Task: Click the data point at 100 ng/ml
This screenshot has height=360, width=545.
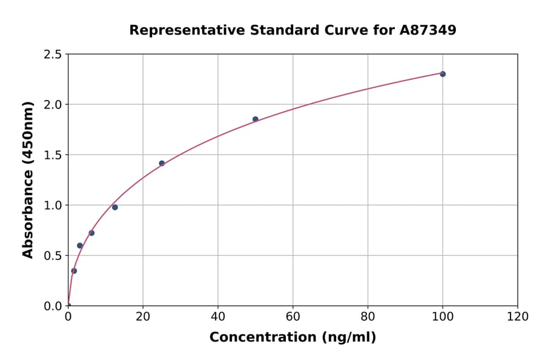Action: click(x=443, y=74)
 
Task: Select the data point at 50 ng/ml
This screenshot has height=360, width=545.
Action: click(x=256, y=119)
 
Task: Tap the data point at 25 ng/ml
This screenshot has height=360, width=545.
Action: click(x=162, y=163)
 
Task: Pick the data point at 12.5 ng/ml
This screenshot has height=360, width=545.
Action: click(x=115, y=207)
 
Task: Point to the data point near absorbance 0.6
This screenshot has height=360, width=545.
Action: click(x=80, y=245)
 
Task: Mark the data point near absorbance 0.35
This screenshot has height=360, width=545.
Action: click(x=74, y=271)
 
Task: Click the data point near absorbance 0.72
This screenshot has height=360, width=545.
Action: click(x=91, y=233)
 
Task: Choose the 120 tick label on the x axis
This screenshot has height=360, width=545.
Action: click(x=518, y=317)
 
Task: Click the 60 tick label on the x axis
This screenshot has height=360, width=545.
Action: click(x=293, y=317)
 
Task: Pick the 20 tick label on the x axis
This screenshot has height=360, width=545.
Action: click(x=143, y=317)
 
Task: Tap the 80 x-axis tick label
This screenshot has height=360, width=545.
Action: click(x=368, y=317)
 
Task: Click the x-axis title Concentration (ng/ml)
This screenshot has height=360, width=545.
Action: click(x=292, y=338)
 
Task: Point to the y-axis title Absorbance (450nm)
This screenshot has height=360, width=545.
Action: click(x=28, y=179)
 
